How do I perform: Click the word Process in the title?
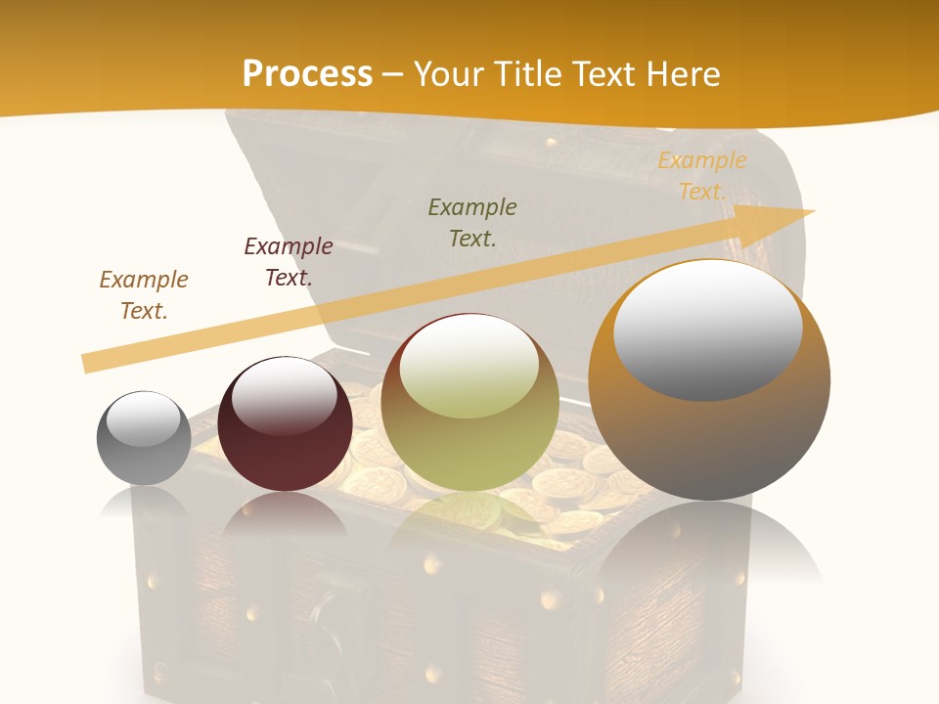coord(307,73)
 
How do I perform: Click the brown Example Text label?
coord(144,295)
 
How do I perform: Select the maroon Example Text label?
coord(289,262)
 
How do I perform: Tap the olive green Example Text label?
coord(472,222)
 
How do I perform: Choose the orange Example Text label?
coord(702,176)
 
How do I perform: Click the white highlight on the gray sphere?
coord(143,419)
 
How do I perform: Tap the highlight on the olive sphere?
coord(469,364)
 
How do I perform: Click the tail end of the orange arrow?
coord(86,364)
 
